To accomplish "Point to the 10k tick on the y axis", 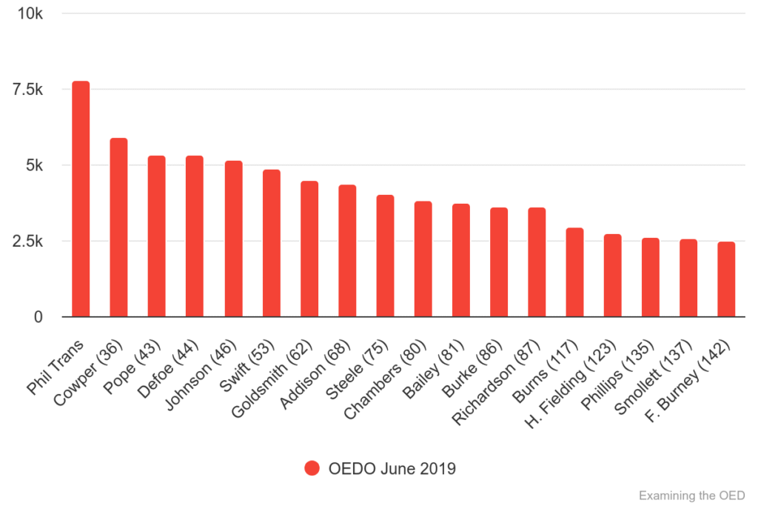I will coord(30,14).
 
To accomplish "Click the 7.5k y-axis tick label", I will coord(27,90).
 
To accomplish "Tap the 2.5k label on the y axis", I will coord(27,242).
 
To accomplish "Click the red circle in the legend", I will coord(312,468).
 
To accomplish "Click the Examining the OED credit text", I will coord(691,495).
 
